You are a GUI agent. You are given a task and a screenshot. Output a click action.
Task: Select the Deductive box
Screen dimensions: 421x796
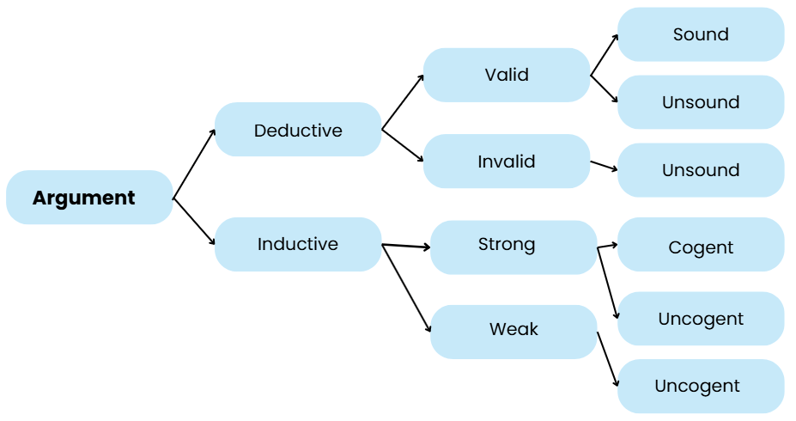[298, 130]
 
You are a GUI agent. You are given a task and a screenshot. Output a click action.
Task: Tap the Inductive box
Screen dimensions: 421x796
[298, 244]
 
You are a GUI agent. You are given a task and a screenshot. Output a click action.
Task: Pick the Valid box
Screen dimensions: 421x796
[507, 75]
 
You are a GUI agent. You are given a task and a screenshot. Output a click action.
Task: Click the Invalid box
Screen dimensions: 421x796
[507, 162]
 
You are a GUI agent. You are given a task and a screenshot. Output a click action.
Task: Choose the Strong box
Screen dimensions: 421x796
[513, 245]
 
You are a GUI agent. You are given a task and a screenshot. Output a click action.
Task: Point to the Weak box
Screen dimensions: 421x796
[513, 330]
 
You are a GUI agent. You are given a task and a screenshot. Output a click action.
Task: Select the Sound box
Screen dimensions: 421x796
[701, 34]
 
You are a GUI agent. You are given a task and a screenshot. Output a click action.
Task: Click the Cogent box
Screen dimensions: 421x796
[701, 247]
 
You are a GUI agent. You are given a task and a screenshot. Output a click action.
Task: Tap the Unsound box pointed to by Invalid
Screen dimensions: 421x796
[701, 170]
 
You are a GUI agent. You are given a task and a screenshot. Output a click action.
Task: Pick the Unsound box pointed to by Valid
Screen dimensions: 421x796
[701, 102]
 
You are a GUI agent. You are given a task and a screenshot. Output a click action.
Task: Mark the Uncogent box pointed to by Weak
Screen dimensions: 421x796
[701, 386]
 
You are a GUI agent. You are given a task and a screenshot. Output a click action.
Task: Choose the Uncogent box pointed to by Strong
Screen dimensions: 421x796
[701, 319]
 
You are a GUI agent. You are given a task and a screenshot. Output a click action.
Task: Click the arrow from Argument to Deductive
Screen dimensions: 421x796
[195, 163]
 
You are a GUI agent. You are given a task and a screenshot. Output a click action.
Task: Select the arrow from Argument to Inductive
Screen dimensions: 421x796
[195, 222]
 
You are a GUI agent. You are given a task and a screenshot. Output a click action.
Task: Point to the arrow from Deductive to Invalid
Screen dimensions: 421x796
[402, 145]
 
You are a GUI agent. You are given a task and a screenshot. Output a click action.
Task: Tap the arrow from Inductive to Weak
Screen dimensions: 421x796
[406, 289]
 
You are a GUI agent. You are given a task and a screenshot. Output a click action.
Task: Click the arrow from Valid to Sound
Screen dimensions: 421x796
[605, 56]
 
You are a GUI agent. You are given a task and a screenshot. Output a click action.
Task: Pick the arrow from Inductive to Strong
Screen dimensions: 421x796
[406, 247]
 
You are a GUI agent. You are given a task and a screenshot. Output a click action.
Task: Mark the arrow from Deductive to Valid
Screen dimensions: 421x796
[402, 102]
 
